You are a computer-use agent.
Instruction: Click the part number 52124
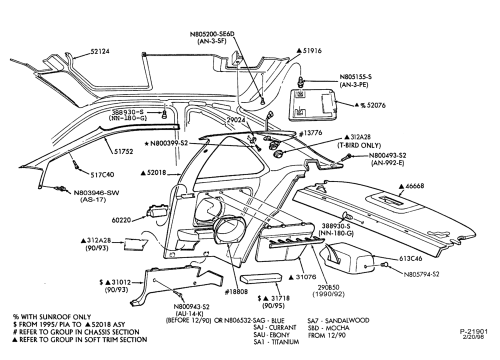pyautogui.click(x=100, y=51)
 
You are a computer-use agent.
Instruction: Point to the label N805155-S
pyautogui.click(x=355, y=77)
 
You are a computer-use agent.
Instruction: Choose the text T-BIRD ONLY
pyautogui.click(x=359, y=145)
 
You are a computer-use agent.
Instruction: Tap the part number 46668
pyautogui.click(x=414, y=185)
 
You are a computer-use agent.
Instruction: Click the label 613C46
pyautogui.click(x=410, y=258)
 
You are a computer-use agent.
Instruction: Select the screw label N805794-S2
pyautogui.click(x=421, y=274)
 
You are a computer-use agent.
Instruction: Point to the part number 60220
pyautogui.click(x=121, y=220)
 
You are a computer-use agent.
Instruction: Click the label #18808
pyautogui.click(x=236, y=292)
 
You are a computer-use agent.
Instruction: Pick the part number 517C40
pyautogui.click(x=102, y=174)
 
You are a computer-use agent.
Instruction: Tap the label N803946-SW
pyautogui.click(x=96, y=193)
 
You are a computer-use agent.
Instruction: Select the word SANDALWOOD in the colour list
pyautogui.click(x=347, y=320)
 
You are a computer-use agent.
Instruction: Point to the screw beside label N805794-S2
pyautogui.click(x=385, y=264)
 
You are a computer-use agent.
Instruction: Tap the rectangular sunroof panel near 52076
pyautogui.click(x=313, y=105)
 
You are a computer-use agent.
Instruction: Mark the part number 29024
pyautogui.click(x=236, y=120)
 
